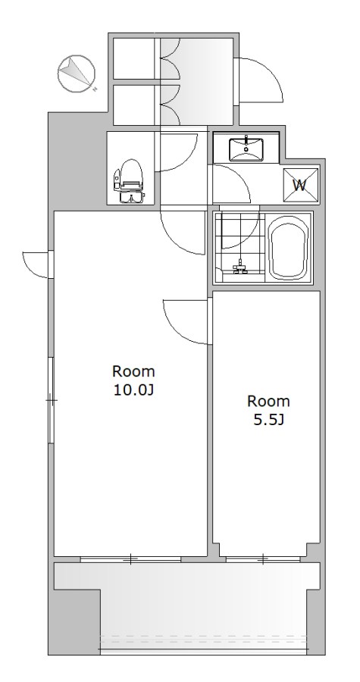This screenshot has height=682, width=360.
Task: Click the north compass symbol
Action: pos(76,74)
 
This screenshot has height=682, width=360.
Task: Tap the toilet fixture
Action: pos(129,181)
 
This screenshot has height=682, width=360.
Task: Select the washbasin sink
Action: pos(246,149)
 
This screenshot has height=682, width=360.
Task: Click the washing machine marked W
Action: pos(300,186)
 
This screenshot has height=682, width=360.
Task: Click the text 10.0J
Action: pos(133,390)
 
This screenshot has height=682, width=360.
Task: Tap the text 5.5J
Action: pos(268,420)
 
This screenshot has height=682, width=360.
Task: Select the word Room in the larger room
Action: pos(133,371)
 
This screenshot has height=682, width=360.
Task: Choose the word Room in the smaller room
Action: pos(268,401)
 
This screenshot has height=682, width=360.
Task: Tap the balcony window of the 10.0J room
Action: pos(130,559)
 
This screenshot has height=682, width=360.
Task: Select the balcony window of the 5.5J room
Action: pos(264,559)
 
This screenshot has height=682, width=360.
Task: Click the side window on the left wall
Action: pos(51,399)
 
